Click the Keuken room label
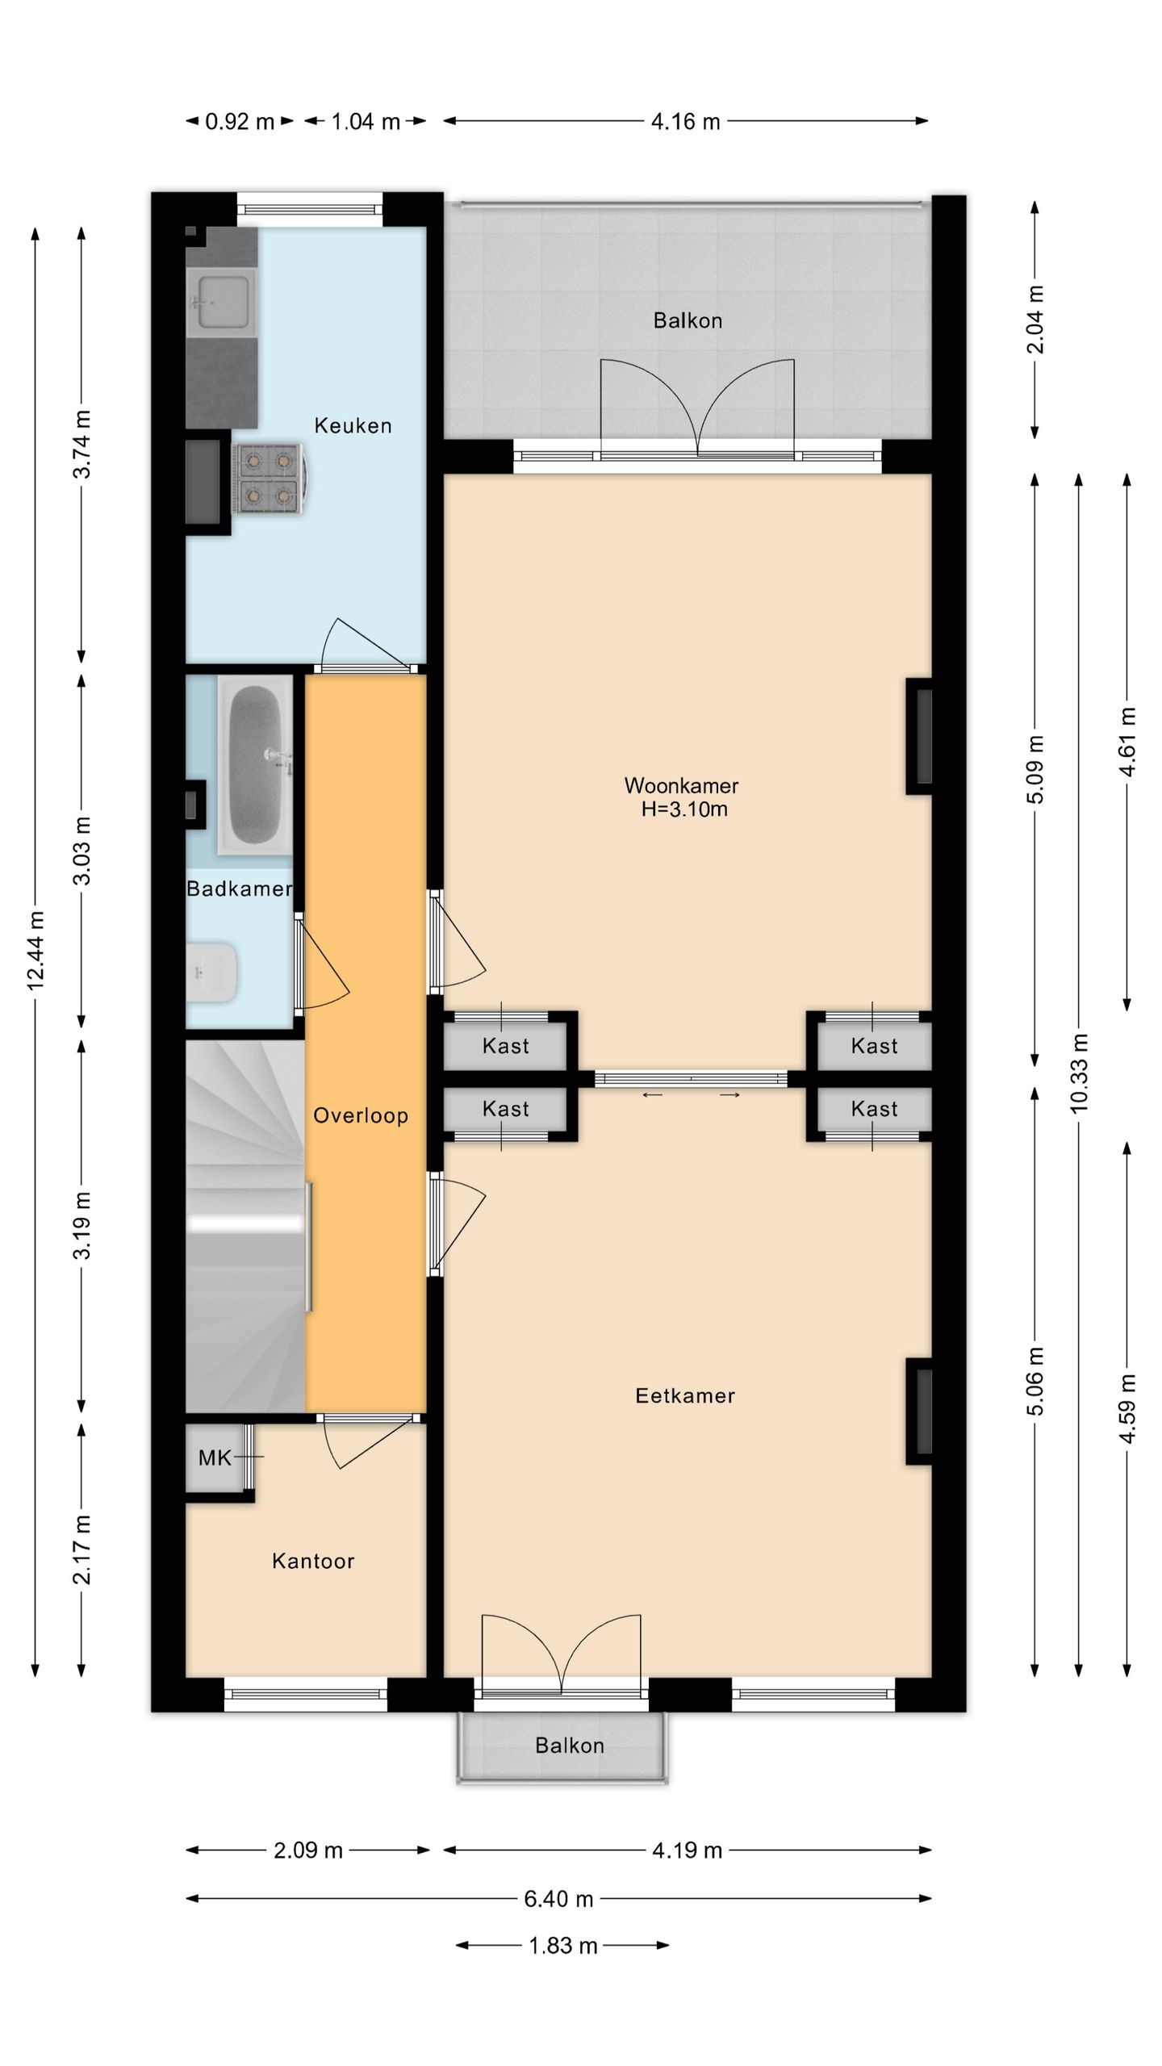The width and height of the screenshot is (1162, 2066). (353, 425)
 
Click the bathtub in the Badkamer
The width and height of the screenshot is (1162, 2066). (256, 763)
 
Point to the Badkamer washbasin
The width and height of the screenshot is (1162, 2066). (211, 972)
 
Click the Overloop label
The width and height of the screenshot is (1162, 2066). (361, 1116)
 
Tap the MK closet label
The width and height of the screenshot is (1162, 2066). (215, 1457)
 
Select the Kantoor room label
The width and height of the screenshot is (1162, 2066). (313, 1562)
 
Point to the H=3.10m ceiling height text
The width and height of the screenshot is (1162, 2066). (684, 809)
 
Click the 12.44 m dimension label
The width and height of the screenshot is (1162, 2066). (36, 951)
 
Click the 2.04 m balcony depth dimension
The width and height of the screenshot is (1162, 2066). (1036, 320)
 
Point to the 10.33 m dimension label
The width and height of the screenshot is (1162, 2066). (1080, 1073)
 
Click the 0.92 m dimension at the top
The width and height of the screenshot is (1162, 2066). (240, 122)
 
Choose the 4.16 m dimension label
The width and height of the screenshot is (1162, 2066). (686, 122)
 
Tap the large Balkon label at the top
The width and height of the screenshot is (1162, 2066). (688, 320)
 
